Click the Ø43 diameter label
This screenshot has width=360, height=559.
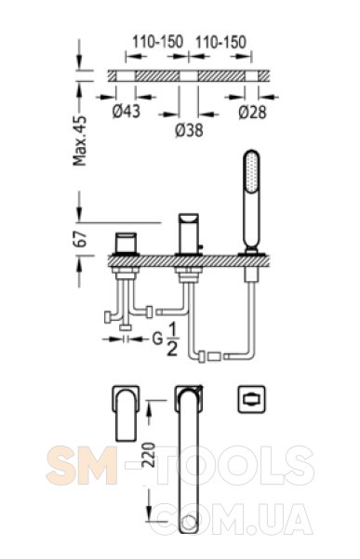[127, 112]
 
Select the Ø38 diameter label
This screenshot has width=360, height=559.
[189, 130]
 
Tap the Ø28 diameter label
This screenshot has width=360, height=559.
[252, 113]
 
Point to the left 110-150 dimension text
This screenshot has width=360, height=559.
[157, 42]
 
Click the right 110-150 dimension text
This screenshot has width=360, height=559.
[221, 42]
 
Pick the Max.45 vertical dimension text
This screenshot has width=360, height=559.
[80, 140]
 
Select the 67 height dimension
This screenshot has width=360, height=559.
[82, 239]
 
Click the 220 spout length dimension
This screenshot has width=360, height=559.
[149, 455]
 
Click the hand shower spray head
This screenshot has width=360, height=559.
[251, 171]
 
